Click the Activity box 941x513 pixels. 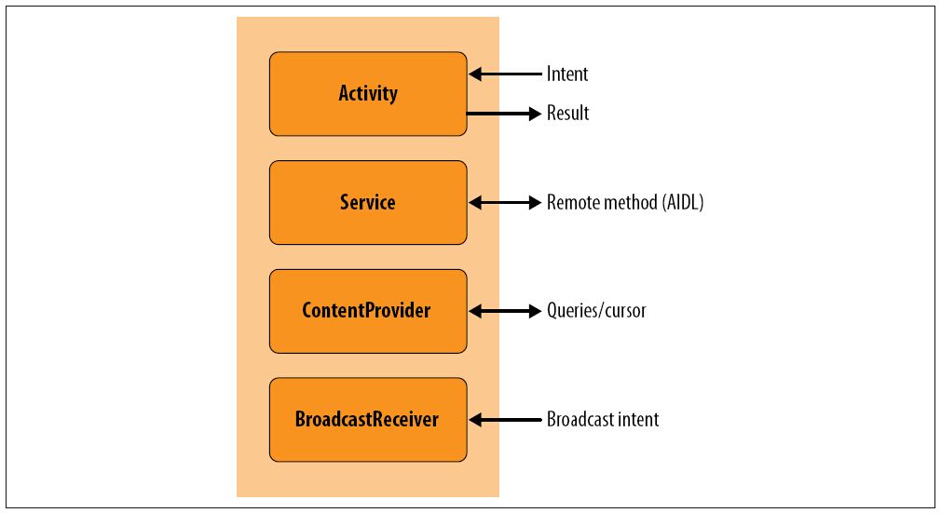click(368, 94)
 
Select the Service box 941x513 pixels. click(368, 202)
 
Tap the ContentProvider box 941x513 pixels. click(368, 311)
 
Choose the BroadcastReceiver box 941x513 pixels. click(368, 419)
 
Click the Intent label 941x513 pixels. click(567, 74)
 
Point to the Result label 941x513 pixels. click(567, 113)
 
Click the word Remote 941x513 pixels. click(572, 202)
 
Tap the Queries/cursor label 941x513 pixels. click(596, 311)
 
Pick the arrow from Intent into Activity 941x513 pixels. click(505, 74)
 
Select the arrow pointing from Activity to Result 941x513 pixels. click(504, 114)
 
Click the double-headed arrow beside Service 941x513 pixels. click(505, 203)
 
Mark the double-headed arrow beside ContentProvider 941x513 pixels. click(505, 311)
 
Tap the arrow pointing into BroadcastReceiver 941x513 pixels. click(505, 419)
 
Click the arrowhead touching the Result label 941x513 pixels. click(535, 114)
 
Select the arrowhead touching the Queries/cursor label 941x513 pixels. click(535, 311)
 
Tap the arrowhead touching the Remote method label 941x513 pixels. click(535, 203)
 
